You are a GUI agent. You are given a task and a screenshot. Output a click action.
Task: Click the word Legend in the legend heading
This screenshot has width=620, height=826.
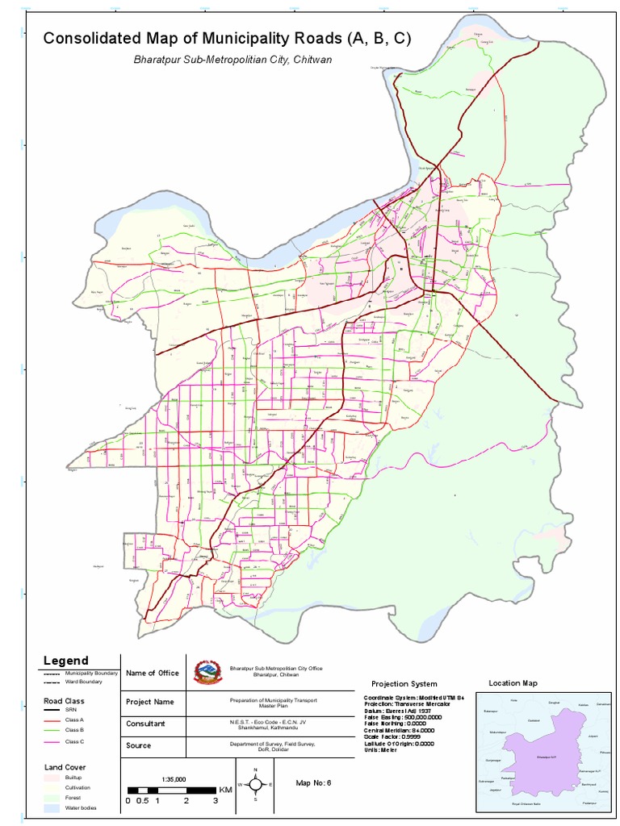(65, 661)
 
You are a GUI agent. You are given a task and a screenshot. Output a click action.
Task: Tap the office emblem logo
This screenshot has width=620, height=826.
(207, 672)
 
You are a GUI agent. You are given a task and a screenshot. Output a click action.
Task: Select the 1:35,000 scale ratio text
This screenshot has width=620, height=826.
(174, 779)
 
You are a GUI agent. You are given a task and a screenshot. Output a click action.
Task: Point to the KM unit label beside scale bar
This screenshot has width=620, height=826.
(225, 790)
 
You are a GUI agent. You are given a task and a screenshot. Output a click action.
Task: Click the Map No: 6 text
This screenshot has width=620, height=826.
(313, 782)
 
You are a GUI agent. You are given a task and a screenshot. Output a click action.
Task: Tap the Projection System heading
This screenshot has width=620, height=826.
(404, 684)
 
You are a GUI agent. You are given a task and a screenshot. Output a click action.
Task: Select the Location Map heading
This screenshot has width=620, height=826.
(513, 683)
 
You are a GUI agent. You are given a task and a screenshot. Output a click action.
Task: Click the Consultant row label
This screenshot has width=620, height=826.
(146, 724)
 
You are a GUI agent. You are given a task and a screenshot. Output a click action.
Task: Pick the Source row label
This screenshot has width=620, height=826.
(139, 745)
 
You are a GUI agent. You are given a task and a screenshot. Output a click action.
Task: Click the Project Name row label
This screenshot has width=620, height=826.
(150, 702)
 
